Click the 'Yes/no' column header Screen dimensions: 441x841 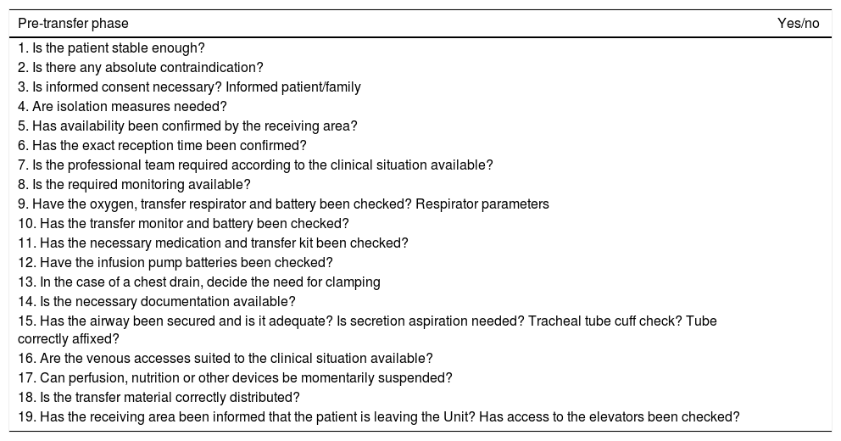tap(798, 24)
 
